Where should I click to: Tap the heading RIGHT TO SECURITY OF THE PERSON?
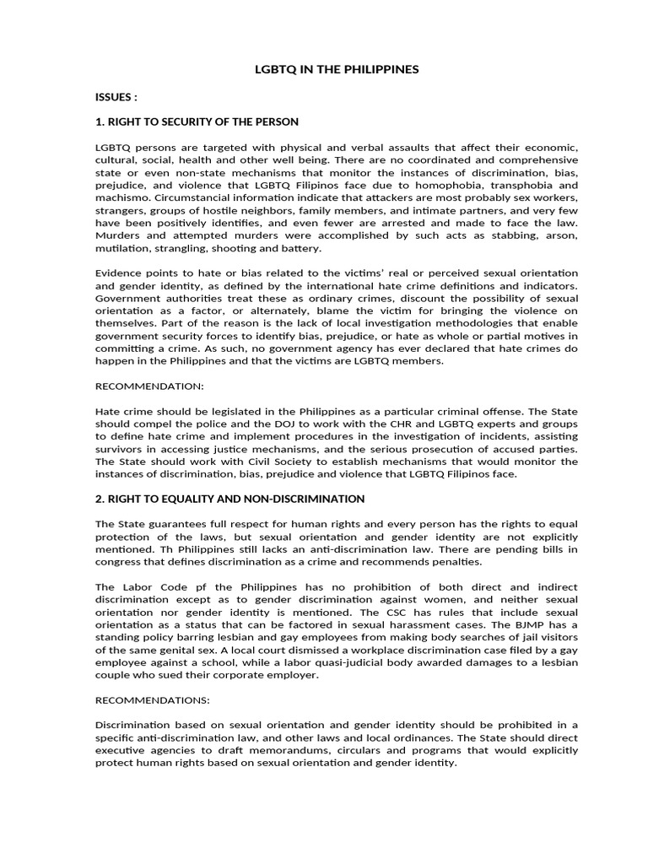click(x=197, y=121)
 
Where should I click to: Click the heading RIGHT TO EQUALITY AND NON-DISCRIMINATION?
click(x=230, y=499)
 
